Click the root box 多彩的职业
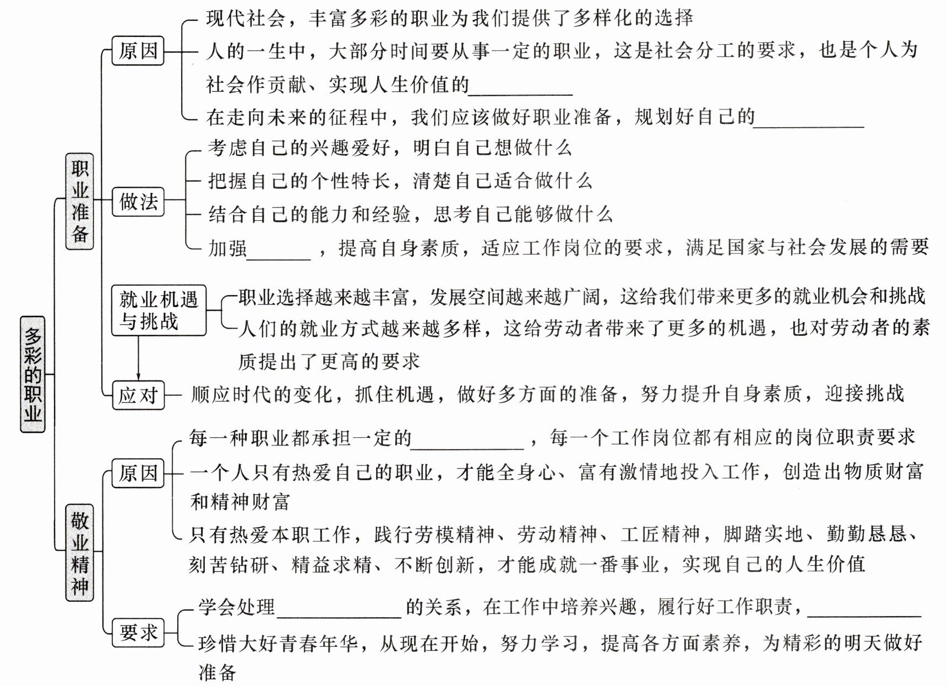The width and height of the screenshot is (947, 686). point(32,374)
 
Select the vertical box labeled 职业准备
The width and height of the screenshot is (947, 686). point(80,202)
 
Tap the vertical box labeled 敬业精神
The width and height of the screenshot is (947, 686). point(80,552)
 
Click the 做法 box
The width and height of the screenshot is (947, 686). point(138,202)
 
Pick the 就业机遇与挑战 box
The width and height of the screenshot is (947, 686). point(159,311)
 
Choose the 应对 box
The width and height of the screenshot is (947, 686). point(138,395)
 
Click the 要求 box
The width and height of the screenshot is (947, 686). point(138,632)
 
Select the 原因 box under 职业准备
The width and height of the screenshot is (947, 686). point(138,51)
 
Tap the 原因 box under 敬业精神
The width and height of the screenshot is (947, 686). point(138,473)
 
